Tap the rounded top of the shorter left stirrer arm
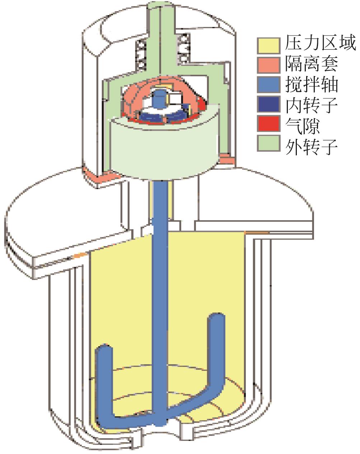coord(104,350)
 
